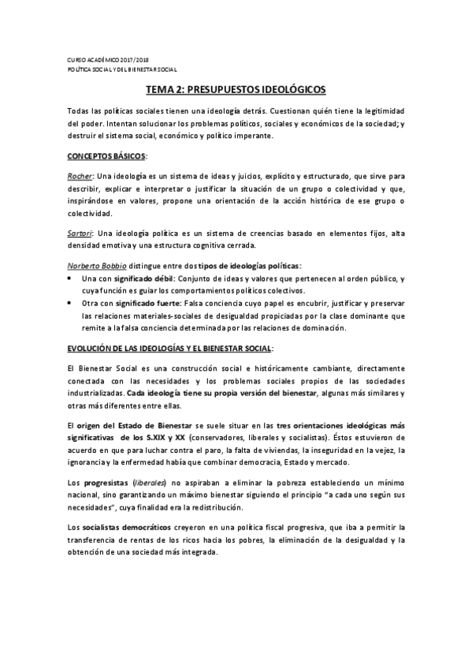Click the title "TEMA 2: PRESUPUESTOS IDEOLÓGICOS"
[x=236, y=91]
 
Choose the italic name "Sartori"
[x=80, y=233]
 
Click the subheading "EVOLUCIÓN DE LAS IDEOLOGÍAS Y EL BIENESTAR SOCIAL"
[x=169, y=347]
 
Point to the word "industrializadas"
[x=95, y=392]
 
